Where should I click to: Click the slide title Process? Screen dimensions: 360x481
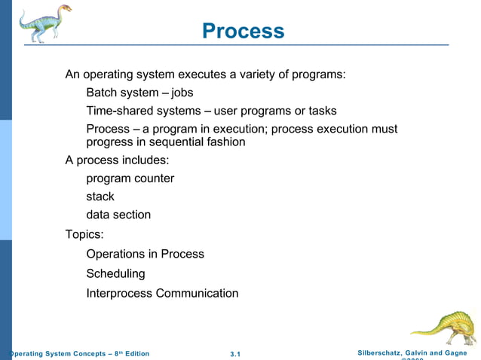click(x=244, y=31)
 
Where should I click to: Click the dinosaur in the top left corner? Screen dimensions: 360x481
click(x=44, y=23)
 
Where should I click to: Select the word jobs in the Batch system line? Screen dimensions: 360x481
click(x=182, y=93)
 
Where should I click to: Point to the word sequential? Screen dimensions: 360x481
click(x=165, y=142)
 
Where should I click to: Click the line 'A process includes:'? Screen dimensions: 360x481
click(x=117, y=160)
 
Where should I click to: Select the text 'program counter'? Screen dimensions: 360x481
click(x=130, y=178)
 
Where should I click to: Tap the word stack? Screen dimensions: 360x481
click(x=100, y=197)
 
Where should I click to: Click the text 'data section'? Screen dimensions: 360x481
click(x=118, y=215)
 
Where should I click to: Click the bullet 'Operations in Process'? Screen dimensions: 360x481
click(x=145, y=254)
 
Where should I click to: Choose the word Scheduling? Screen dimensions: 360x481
click(x=115, y=273)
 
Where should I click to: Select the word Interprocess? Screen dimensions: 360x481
click(x=119, y=293)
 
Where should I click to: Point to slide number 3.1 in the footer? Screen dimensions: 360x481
click(x=234, y=354)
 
